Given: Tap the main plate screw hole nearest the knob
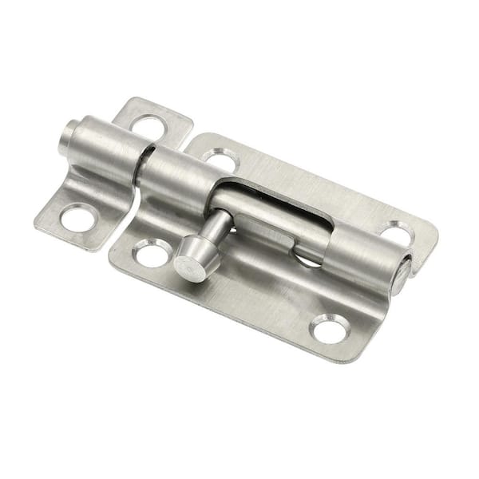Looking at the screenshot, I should pyautogui.click(x=151, y=255).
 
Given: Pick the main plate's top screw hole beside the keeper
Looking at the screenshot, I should pyautogui.click(x=219, y=159).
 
